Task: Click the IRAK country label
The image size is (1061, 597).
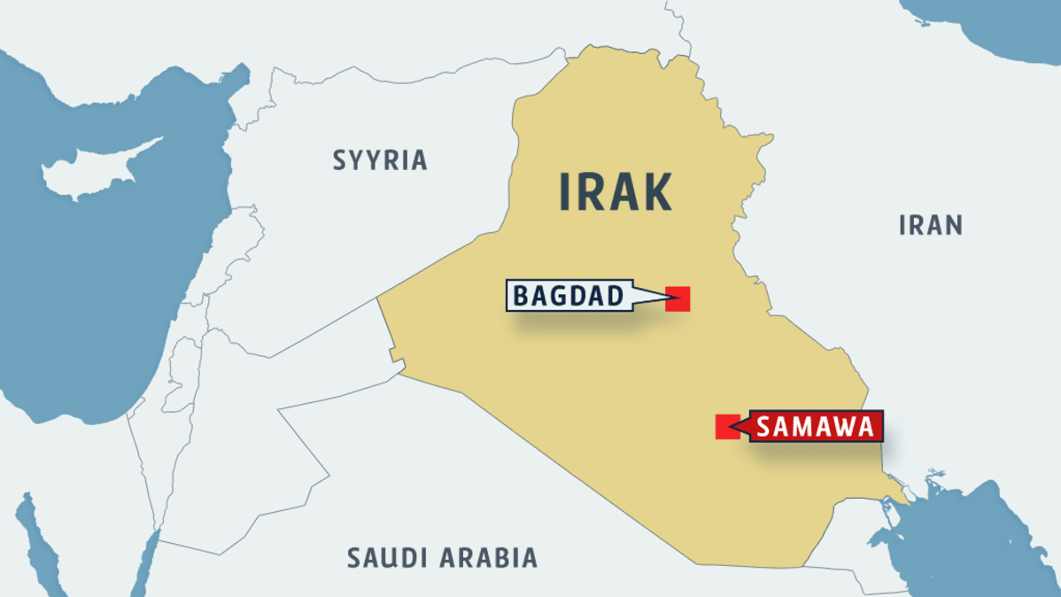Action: click(616, 191)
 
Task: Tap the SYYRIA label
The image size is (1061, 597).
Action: click(380, 160)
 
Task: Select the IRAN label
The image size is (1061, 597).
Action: click(930, 225)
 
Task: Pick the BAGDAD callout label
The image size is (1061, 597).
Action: click(569, 296)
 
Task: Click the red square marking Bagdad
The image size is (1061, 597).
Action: click(678, 298)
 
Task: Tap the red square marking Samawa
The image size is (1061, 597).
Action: click(726, 427)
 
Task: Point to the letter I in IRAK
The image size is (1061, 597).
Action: click(565, 191)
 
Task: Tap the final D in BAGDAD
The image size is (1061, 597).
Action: click(616, 296)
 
